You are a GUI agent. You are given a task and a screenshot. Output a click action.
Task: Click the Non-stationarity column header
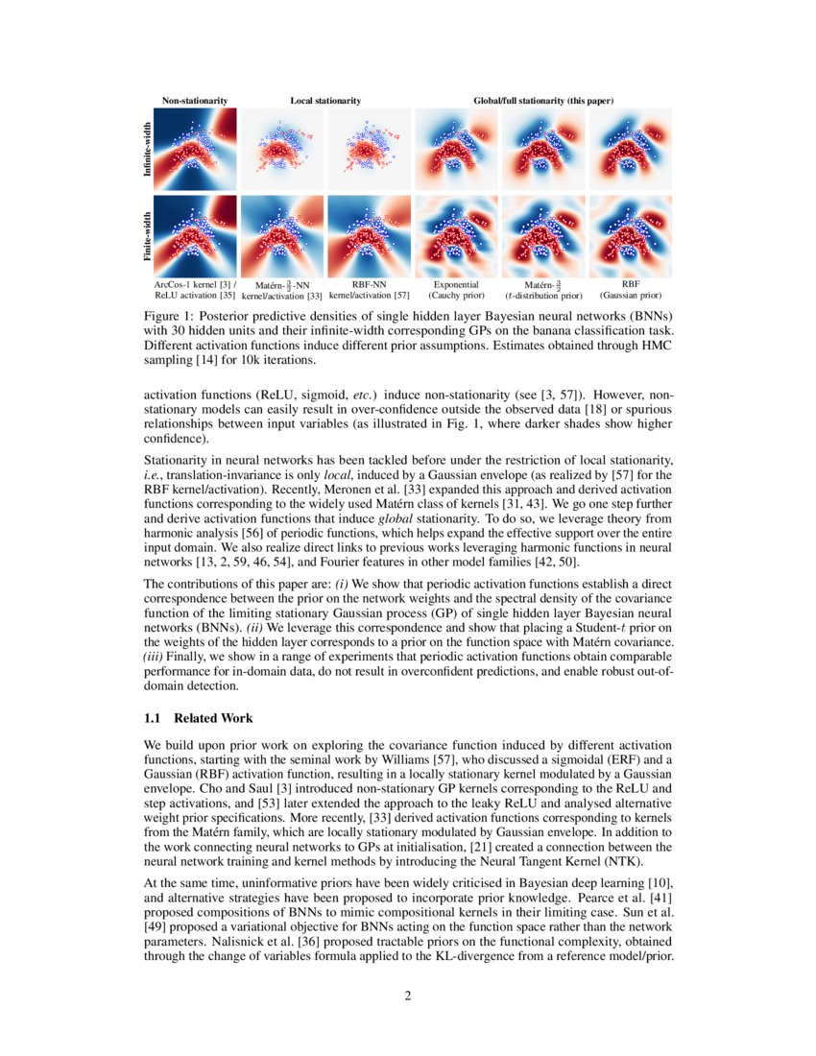195,100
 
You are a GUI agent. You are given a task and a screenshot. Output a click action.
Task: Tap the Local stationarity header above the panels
325,100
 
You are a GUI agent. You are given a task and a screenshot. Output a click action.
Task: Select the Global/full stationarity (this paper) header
543,100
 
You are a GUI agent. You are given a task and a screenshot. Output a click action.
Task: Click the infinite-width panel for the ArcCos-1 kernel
195,149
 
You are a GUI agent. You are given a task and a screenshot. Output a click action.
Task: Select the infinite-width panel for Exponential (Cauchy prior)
456,149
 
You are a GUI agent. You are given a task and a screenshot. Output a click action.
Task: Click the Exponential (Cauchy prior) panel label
456,290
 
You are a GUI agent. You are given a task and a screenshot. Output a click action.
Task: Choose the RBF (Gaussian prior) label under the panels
631,290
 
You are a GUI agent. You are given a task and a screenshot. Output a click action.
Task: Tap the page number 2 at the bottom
408,996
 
